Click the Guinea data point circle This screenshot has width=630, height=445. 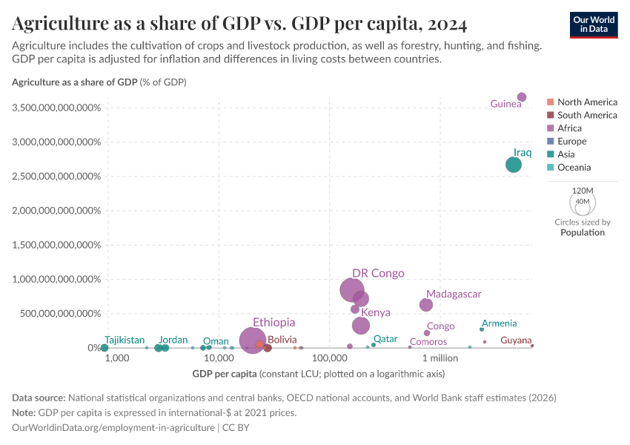coord(522,97)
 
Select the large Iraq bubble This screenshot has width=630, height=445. coord(514,165)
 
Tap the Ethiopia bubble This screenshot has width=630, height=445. coord(253,340)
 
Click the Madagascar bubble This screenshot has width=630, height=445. coord(426,305)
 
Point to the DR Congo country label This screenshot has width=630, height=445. coord(378,274)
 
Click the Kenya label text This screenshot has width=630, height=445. coord(376,313)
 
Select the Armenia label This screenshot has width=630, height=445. coord(499,323)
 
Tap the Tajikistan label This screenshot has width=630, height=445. coord(125,340)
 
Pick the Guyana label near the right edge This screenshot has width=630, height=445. coord(516,340)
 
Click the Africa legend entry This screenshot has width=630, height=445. coord(569,128)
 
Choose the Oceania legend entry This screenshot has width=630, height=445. coord(575,168)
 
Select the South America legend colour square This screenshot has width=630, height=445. coord(550,115)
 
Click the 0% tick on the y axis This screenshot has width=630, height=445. coord(93,348)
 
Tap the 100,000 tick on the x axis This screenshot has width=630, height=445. coord(325,359)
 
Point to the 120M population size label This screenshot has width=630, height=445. coord(583,191)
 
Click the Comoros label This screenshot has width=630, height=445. coord(428,342)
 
